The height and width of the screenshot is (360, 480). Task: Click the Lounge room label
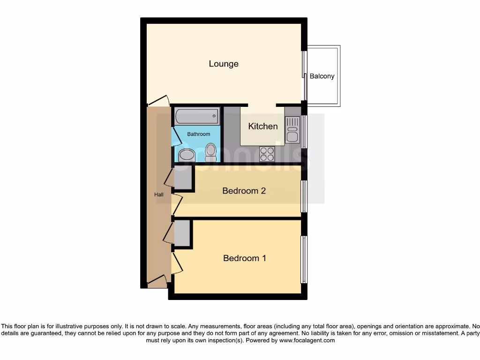[x=224, y=64]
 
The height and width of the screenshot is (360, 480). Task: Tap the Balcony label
[x=322, y=76]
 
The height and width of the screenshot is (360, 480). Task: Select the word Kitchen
[x=262, y=126]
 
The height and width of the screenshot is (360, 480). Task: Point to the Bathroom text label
[x=199, y=134]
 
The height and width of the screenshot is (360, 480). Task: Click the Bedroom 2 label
[x=244, y=191]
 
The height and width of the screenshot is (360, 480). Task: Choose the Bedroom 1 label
[x=244, y=258]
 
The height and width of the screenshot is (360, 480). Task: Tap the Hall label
[x=159, y=195]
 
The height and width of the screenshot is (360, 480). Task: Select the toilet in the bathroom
[x=210, y=152]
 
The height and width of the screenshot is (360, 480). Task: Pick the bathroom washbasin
[x=186, y=155]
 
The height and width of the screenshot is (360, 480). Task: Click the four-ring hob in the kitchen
[x=267, y=154]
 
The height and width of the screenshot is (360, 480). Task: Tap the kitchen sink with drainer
[x=292, y=129]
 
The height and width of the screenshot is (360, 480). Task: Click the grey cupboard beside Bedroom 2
[x=183, y=178]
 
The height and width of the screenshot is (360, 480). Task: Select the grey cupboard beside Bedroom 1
[x=182, y=233]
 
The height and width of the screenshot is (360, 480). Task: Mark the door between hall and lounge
[x=158, y=100]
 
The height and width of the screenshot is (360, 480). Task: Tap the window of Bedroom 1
[x=304, y=259]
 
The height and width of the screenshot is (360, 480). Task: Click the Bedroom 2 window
[x=304, y=196]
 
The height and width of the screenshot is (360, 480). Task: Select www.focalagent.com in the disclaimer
[x=307, y=340]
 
